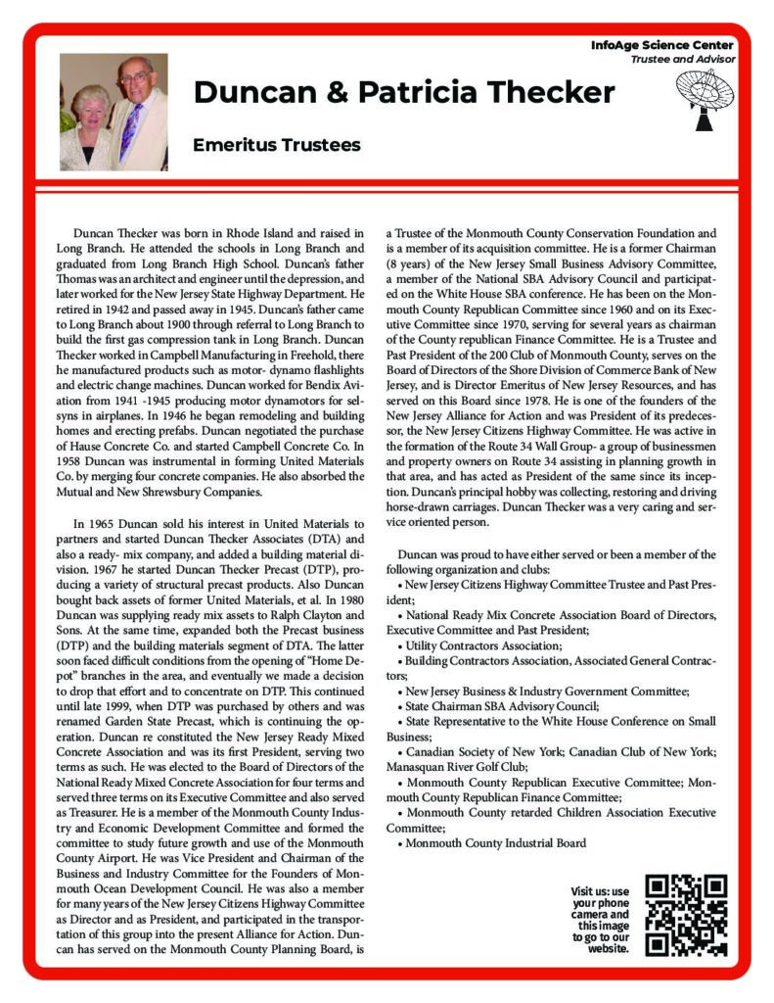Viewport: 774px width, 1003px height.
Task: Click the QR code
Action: pos(688,914)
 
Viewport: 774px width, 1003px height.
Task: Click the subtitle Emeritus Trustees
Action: pos(277,145)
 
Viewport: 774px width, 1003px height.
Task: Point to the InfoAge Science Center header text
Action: pos(662,46)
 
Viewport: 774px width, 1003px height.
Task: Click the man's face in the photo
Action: pos(135,79)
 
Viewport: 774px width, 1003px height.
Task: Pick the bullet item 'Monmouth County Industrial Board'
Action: pos(495,842)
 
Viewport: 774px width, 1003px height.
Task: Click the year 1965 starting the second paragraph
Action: pos(103,524)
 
